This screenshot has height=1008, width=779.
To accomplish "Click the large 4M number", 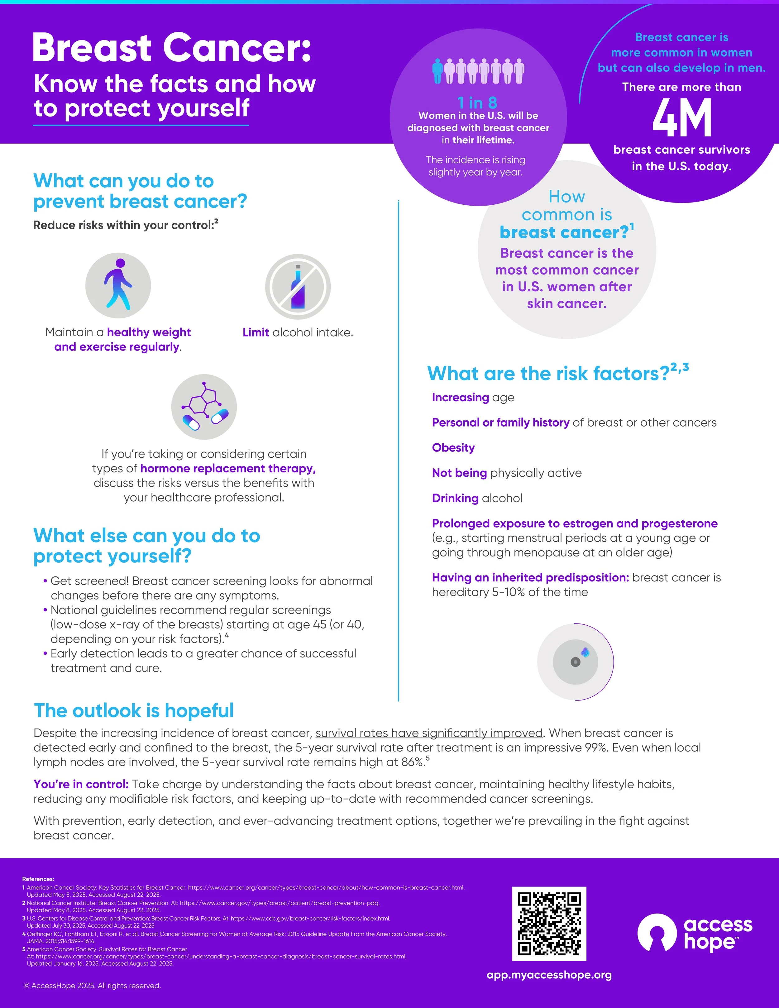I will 682,119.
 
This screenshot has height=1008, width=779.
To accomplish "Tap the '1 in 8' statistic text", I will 477,103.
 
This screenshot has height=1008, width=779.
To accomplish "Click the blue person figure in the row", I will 437,71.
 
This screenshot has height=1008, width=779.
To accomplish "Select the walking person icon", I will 118,285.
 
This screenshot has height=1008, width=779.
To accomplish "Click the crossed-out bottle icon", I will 298,287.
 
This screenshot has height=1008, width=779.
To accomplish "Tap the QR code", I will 549,923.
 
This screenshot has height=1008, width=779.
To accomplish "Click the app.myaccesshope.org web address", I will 549,975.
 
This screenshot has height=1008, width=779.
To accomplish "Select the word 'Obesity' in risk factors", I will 453,448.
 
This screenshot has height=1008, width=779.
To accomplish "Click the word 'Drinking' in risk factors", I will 455,498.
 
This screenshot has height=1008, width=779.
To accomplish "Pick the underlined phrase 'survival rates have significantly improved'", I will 429,733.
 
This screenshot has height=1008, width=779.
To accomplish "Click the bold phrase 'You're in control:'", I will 81,784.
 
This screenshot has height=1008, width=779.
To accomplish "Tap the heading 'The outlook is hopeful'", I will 134,710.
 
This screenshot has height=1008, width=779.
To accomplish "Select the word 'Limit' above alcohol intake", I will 256,332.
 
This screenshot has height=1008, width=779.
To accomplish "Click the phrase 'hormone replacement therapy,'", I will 228,468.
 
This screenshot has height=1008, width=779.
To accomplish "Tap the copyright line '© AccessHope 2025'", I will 92,985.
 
